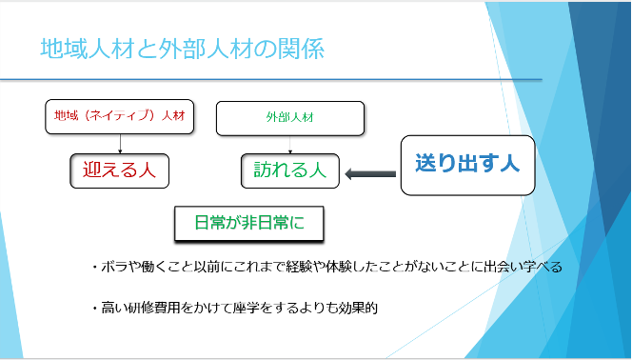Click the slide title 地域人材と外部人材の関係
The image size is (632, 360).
(182, 49)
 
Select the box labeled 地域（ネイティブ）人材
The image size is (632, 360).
(120, 116)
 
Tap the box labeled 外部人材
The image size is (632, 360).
(290, 118)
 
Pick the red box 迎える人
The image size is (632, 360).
(120, 170)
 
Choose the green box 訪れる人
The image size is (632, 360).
(290, 170)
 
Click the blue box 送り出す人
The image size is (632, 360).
(467, 166)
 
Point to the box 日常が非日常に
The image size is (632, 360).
(249, 224)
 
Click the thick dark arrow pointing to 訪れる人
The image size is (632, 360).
(370, 174)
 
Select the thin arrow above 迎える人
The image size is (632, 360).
(120, 144)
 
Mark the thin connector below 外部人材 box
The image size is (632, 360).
(290, 145)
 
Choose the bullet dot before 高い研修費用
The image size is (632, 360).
(95, 309)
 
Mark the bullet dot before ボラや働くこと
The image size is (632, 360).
(95, 268)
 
